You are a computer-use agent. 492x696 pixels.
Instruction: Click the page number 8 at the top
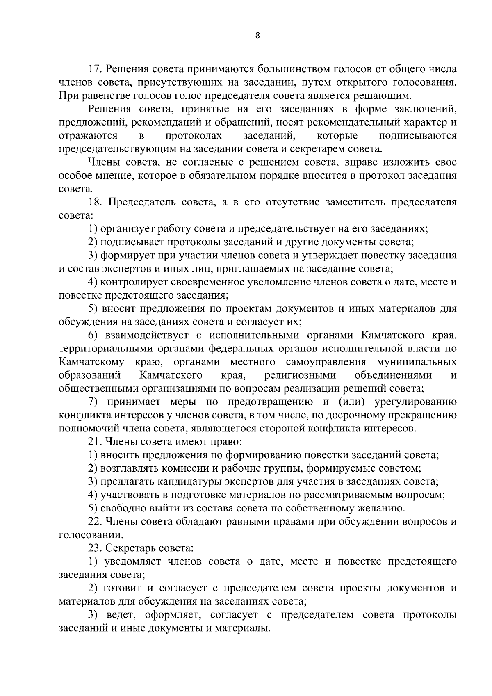pos(257,35)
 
